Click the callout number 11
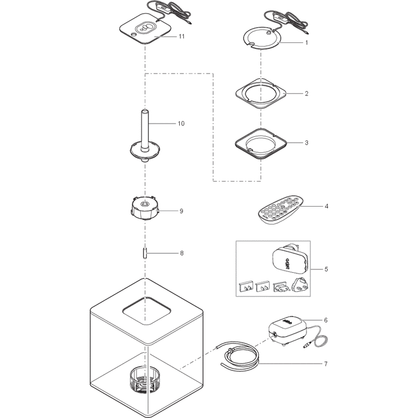(x=181, y=37)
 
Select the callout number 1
(x=306, y=43)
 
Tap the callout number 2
(x=306, y=94)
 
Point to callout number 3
(x=306, y=143)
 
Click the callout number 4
(x=327, y=207)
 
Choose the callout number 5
(x=327, y=269)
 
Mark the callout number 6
(x=327, y=320)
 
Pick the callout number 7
(x=327, y=364)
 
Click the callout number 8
(x=182, y=254)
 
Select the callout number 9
(x=182, y=211)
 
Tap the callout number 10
(x=181, y=124)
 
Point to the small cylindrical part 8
(x=145, y=253)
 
